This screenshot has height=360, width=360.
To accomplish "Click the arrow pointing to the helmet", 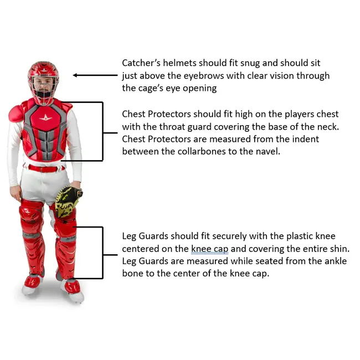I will pos(94,75).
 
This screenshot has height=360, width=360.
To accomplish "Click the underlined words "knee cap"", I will pos(210,249).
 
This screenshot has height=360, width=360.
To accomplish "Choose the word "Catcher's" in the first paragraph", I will pos(142,63).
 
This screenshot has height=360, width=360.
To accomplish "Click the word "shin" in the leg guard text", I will pos(338,249).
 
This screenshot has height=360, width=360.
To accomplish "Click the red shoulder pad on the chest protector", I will pos(17,114).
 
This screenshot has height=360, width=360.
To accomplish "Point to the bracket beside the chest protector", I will pos(102,131).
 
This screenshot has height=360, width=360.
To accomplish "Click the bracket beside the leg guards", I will pos(102,252).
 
